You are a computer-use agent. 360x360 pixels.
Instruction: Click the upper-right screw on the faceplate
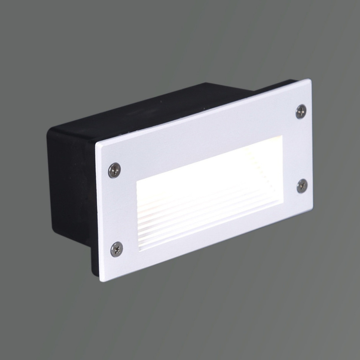[301, 111]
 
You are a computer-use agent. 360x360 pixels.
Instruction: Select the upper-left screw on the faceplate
[114, 170]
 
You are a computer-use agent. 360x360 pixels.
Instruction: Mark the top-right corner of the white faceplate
[310, 80]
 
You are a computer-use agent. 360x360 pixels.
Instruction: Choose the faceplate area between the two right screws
[302, 148]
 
